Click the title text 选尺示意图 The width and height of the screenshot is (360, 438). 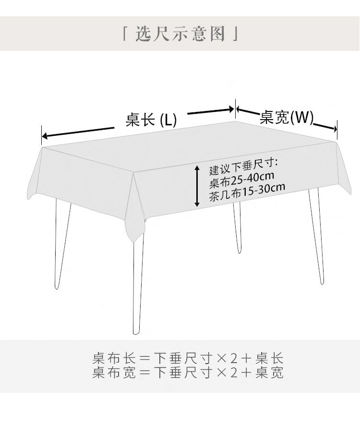click(180, 33)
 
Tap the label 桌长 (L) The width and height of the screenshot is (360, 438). click(151, 120)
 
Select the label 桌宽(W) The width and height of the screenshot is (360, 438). click(286, 117)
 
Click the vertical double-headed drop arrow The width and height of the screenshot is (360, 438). click(197, 186)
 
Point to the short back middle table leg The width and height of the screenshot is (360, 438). click(238, 228)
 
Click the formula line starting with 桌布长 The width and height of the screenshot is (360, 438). click(188, 358)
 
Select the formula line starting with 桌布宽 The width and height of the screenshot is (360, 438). click(188, 372)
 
